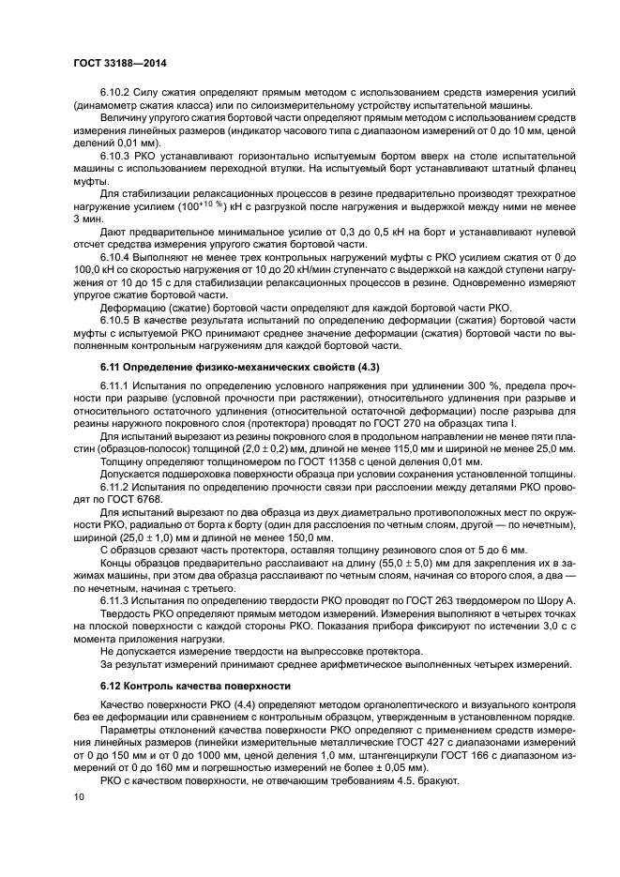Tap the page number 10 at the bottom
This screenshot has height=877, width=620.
[78, 795]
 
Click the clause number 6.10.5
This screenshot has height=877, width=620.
[119, 319]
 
